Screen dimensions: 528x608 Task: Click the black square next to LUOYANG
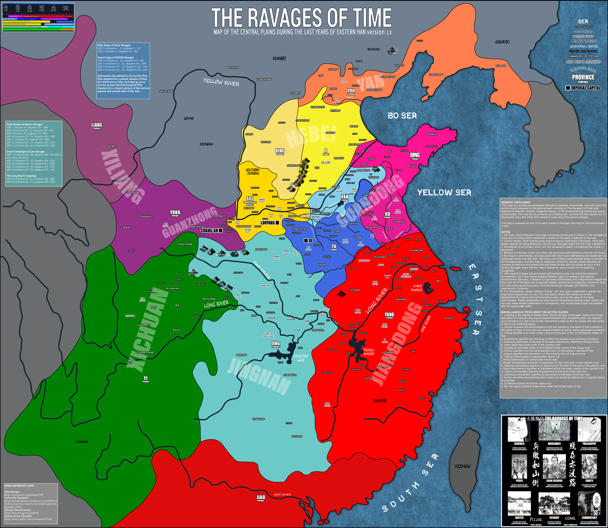[x=277, y=223]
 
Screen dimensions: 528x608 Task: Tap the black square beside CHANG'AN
[x=221, y=231]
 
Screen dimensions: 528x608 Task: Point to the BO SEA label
[x=402, y=116]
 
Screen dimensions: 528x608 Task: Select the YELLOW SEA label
[x=444, y=193]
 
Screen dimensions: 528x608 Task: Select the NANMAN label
[x=82, y=442]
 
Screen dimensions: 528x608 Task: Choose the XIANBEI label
[x=279, y=58]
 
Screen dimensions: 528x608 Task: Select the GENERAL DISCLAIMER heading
[x=516, y=202]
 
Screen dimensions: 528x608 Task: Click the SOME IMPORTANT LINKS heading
[x=19, y=486]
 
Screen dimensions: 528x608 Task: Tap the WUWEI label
[x=112, y=146]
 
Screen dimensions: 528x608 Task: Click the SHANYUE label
[x=380, y=401]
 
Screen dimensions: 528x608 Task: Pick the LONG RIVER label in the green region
[x=216, y=304]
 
